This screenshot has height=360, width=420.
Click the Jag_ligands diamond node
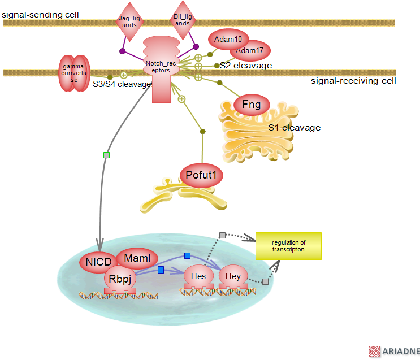point(129,22)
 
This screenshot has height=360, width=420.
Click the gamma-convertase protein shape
point(74,73)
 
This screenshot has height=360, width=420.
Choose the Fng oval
point(252,104)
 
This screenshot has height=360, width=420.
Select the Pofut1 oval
point(201,175)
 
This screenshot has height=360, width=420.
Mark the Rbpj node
point(120,277)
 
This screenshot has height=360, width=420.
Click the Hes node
point(198,276)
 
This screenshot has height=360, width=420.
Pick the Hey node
point(233,276)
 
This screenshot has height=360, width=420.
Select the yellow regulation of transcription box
point(288,246)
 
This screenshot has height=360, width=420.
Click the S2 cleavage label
point(246,66)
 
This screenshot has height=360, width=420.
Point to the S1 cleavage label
point(294,128)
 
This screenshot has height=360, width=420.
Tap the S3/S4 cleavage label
point(122,84)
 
